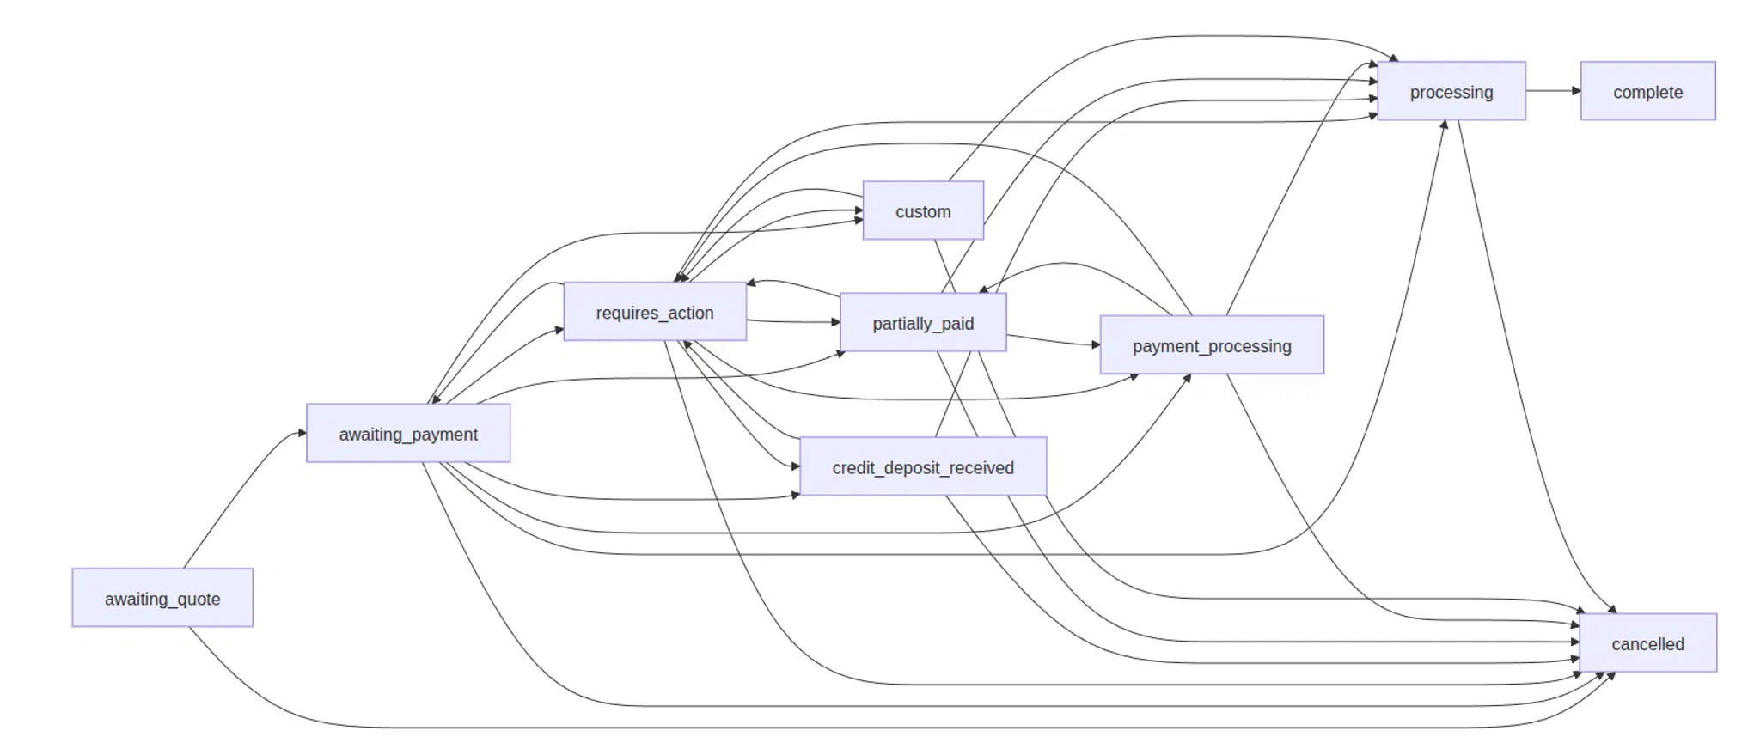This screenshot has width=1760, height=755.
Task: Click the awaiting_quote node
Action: [162, 598]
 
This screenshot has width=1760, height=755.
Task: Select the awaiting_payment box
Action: [408, 433]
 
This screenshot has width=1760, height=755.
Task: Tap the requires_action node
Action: [655, 312]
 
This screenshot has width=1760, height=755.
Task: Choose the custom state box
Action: [923, 210]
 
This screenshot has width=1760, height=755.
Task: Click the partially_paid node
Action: [923, 323]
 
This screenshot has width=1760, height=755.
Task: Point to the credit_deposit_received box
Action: [923, 466]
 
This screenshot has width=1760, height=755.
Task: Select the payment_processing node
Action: [1212, 345]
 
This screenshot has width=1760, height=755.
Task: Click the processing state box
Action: [1451, 91]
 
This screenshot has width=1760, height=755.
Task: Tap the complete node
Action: [1647, 91]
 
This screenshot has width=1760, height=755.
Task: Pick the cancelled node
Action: [1647, 643]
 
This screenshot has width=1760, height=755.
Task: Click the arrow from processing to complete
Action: [1552, 91]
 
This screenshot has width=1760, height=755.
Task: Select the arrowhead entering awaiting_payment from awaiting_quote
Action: [302, 433]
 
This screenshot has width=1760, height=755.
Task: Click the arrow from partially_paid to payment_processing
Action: [1053, 341]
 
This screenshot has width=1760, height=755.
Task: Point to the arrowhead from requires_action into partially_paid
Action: [835, 322]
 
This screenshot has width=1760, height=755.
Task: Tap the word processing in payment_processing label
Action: [1250, 346]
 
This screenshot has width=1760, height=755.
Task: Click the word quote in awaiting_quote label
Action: [199, 599]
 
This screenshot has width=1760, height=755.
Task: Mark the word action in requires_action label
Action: [691, 313]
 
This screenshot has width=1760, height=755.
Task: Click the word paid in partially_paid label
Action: [956, 324]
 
